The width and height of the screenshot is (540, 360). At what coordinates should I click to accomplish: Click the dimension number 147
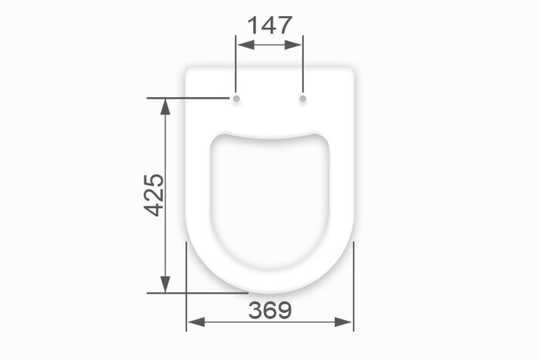tap(270, 25)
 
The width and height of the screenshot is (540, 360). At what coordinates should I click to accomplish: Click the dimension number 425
tap(154, 195)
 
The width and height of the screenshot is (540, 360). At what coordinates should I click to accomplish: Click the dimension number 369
tap(270, 310)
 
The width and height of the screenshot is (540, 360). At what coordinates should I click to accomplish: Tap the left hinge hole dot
tap(236, 99)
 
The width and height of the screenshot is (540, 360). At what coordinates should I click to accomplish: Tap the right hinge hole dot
tap(302, 99)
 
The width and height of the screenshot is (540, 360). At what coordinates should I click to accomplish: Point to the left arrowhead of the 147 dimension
tap(246, 45)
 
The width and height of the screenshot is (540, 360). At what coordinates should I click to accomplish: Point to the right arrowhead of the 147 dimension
tap(292, 45)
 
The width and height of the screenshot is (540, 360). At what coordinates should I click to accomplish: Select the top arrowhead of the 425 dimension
tap(166, 106)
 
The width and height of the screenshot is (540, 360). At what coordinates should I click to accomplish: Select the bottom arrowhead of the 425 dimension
tap(166, 284)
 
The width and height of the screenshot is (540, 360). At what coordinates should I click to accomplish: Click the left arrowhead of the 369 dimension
tap(196, 322)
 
